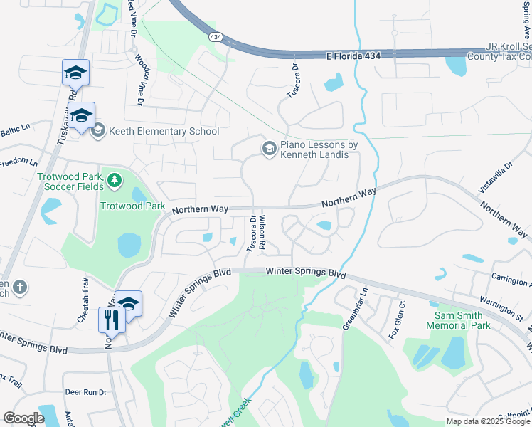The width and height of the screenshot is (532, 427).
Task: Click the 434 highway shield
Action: [215, 36]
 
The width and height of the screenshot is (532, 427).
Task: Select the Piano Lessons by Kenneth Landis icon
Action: [269, 148]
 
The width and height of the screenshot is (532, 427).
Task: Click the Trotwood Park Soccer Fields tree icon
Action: [115, 181]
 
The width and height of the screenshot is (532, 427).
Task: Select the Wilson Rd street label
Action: [262, 232]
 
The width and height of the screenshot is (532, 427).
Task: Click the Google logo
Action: [23, 418]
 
